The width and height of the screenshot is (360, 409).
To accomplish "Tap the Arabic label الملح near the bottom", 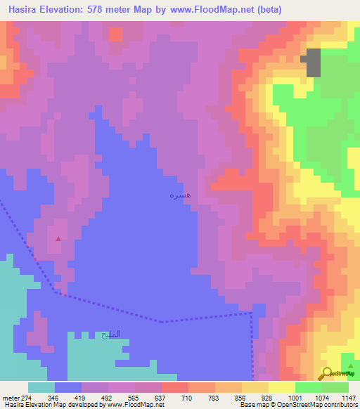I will (x=111, y=334).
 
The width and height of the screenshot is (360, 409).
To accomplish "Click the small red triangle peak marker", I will (x=58, y=238).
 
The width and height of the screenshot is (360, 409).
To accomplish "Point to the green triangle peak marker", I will (x=351, y=356).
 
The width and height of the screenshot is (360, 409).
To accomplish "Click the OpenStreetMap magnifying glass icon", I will (x=327, y=372).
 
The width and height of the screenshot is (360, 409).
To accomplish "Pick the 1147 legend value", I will (x=348, y=398).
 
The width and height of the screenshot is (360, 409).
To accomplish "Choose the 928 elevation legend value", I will (x=267, y=398).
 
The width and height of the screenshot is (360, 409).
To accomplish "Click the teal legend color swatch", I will (x=41, y=387).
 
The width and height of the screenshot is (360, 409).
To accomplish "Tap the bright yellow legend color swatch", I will (x=281, y=387).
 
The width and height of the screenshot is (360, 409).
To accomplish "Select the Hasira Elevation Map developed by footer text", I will (x=53, y=405).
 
